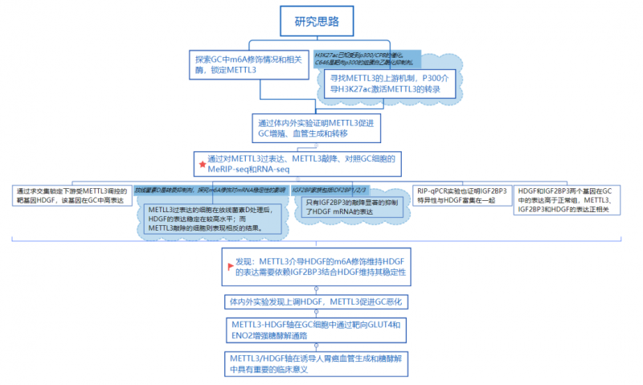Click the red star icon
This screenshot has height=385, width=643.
click(202, 164)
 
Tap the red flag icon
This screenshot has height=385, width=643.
click(231, 266)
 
